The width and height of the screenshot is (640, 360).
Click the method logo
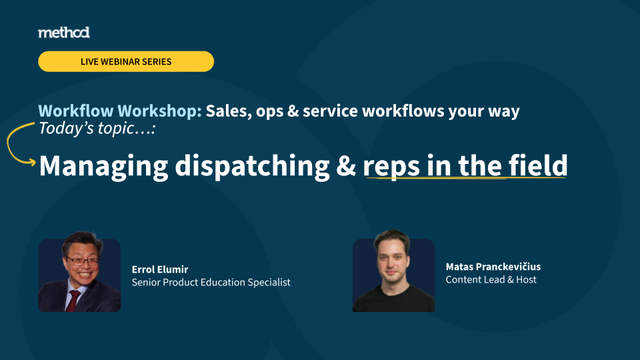(x=64, y=33)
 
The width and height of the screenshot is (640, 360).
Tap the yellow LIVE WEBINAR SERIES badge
(x=126, y=61)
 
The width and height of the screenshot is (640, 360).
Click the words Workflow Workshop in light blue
(x=120, y=111)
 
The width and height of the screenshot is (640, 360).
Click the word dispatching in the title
(x=252, y=167)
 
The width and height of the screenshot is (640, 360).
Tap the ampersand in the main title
(x=346, y=166)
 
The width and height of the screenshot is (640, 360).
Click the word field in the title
(x=538, y=165)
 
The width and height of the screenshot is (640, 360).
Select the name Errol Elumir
(x=160, y=269)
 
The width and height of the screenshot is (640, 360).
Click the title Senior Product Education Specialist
(x=211, y=283)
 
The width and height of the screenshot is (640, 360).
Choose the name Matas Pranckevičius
(x=493, y=267)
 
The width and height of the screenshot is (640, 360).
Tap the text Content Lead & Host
(x=491, y=279)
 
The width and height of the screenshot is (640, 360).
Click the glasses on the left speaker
(x=82, y=261)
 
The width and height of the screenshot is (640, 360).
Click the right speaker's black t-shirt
(x=393, y=299)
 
